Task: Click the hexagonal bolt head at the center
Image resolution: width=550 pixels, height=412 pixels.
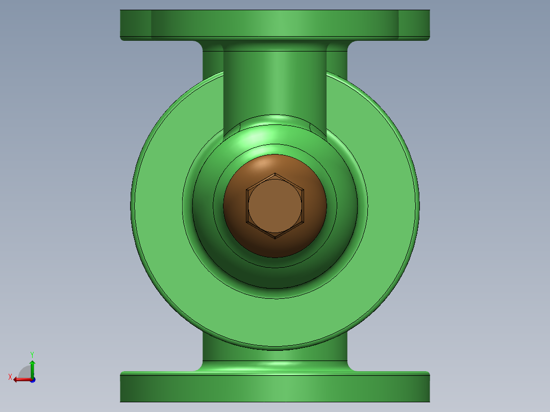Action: pos(275,205)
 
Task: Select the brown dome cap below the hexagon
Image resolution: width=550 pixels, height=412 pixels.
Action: pos(275,247)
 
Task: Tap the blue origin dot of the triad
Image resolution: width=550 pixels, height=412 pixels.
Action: pos(32,379)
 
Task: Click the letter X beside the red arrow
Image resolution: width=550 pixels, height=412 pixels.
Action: pos(10,377)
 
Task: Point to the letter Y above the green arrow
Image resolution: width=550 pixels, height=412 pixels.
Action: pos(32,354)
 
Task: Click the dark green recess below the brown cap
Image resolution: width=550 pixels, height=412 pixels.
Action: pos(275,275)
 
